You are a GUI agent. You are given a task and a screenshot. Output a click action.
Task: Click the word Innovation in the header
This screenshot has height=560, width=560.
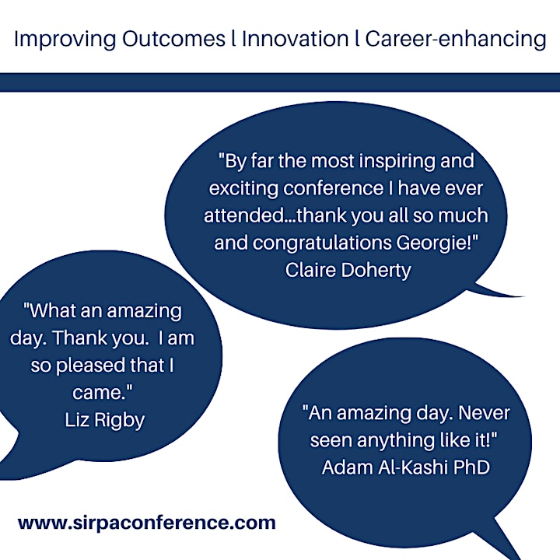point(295,38)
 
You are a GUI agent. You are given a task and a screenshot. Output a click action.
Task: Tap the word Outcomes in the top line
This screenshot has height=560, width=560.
point(173,38)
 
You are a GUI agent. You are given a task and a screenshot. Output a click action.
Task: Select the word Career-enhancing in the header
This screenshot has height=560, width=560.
point(456,40)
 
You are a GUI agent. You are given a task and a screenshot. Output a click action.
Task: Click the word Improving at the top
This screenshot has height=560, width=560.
point(65,40)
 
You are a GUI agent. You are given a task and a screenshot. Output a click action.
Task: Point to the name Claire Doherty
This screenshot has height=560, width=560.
point(348,270)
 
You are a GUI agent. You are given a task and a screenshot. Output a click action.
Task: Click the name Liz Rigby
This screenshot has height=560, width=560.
point(105,420)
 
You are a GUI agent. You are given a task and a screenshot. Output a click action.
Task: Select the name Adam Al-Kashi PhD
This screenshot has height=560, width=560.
point(406,467)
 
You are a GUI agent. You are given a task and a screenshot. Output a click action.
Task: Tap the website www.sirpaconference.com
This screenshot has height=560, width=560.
point(147,523)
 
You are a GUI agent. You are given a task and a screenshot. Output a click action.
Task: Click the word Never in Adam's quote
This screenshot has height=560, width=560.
point(484,413)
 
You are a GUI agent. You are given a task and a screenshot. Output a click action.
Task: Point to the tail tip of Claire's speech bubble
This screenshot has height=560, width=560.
point(524,296)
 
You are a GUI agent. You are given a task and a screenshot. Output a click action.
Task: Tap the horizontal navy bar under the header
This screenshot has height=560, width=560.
point(280,82)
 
